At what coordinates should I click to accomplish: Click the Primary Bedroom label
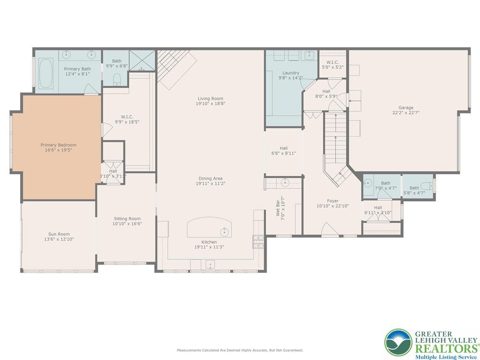click(x=58, y=145)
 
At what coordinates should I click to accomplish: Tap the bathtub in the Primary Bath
click(x=45, y=73)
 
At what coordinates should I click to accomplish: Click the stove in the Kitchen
click(x=257, y=241)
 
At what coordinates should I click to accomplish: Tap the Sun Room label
click(x=59, y=234)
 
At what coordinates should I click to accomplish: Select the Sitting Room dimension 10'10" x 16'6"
click(x=127, y=224)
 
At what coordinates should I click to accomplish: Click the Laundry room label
click(x=291, y=73)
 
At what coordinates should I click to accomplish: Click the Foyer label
click(x=332, y=201)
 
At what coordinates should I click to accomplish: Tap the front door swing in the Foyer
click(x=329, y=229)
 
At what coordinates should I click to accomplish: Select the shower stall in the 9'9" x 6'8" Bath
click(x=142, y=60)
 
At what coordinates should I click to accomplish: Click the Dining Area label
click(x=210, y=178)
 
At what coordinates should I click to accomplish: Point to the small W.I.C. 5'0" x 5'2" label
click(x=332, y=62)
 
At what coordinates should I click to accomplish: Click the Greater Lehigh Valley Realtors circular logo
click(x=398, y=343)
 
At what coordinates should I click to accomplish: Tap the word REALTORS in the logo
click(x=445, y=348)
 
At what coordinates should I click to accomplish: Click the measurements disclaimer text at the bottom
click(x=240, y=350)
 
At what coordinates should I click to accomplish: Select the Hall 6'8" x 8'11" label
click(x=284, y=148)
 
